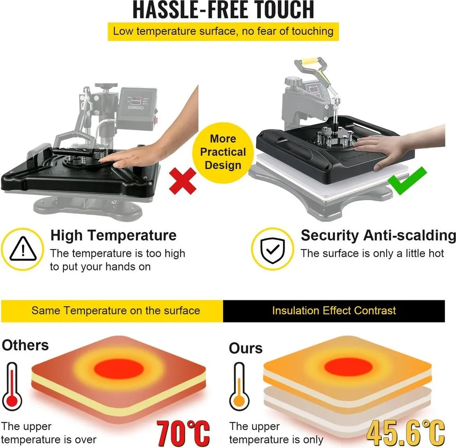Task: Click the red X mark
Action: (x=183, y=181)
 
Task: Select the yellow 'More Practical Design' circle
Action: (x=223, y=153)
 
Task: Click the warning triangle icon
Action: (x=23, y=249)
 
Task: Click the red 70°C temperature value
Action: (x=183, y=433)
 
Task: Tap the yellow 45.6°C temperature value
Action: (x=406, y=433)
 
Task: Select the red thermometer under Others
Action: (x=12, y=387)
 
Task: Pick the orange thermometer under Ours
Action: (x=239, y=387)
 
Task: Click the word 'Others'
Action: (x=25, y=345)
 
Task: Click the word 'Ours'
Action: (x=245, y=348)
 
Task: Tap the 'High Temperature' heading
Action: (x=114, y=235)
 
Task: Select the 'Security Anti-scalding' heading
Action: (x=378, y=235)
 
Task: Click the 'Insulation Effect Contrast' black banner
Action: (x=334, y=311)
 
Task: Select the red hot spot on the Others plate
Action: (x=118, y=369)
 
